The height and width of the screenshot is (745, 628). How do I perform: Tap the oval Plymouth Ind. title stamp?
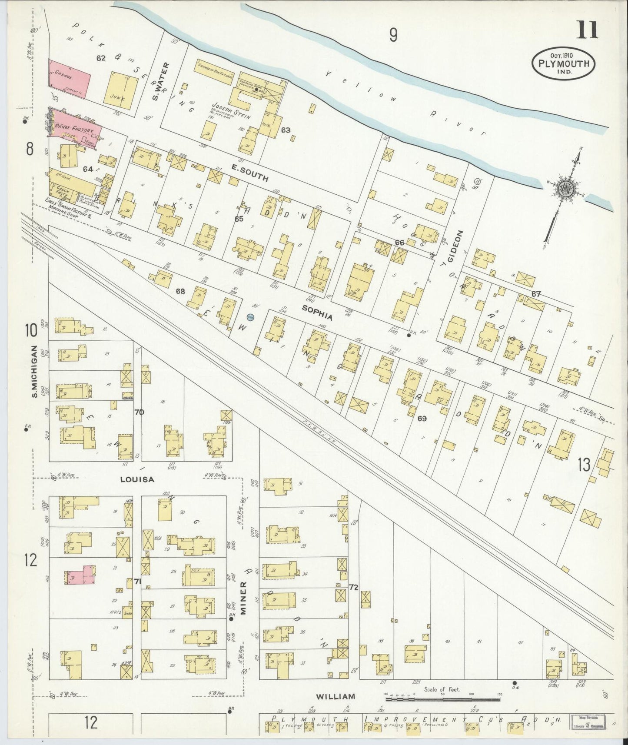(x=564, y=63)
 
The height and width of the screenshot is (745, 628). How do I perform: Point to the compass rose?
(x=568, y=189)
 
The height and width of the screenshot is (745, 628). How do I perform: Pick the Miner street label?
(x=244, y=598)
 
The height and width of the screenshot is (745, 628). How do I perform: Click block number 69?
(x=421, y=419)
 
